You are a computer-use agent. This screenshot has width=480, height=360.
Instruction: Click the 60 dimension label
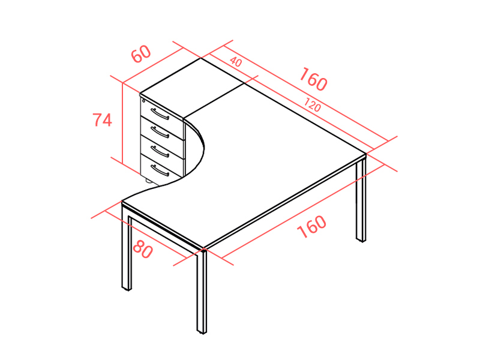point(141,54)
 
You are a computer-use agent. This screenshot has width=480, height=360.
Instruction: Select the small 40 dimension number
point(236,62)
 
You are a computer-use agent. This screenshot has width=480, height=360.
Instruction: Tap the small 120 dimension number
point(312,104)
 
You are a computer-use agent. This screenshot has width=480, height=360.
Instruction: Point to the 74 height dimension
point(102,119)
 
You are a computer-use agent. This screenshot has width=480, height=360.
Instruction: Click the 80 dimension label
point(143,249)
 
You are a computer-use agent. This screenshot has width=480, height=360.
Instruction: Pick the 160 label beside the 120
point(313,80)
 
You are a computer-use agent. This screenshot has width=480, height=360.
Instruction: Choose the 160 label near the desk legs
point(311,227)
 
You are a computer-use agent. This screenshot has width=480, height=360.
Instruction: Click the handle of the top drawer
point(160,114)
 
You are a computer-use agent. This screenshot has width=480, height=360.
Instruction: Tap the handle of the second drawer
point(160,132)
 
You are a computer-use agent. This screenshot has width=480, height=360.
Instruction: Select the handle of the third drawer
point(160,151)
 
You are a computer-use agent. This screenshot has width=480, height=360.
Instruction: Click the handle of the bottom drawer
point(160,170)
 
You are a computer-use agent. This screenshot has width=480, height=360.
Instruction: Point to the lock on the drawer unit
point(144,100)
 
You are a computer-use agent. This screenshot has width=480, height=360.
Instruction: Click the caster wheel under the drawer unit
point(149,181)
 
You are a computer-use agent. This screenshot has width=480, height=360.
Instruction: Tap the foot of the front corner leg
point(202,331)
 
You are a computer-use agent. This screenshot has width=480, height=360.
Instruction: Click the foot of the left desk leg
point(127,288)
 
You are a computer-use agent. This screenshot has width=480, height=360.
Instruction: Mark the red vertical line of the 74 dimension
point(122,123)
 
